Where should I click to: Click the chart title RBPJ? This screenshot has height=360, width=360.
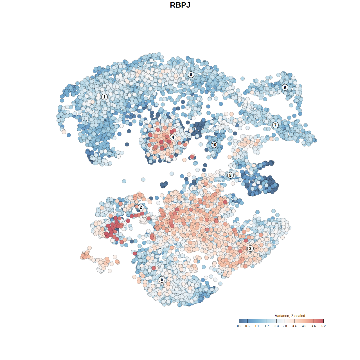(180, 5)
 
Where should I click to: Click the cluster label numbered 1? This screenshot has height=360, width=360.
(104, 97)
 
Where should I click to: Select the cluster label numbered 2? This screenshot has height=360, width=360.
(141, 207)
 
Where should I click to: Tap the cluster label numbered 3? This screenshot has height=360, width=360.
(250, 248)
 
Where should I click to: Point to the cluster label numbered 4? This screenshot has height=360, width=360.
(173, 137)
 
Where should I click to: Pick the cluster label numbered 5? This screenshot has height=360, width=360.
(161, 279)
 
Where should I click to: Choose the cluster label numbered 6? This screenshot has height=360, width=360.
(191, 75)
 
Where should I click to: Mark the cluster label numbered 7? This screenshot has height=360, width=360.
(275, 125)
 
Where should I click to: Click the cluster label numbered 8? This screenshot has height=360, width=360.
(230, 175)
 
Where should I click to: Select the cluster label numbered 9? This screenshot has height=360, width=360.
(285, 87)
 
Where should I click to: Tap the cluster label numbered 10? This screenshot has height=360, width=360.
(214, 145)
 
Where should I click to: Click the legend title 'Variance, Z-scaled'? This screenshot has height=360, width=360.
(290, 316)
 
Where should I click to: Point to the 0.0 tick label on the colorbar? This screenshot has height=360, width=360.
(239, 326)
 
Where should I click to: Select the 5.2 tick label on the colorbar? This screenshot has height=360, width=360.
(323, 326)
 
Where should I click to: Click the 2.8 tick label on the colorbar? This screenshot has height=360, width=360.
(285, 326)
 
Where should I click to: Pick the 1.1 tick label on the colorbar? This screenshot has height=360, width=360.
(257, 326)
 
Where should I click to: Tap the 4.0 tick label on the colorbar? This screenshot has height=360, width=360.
(304, 326)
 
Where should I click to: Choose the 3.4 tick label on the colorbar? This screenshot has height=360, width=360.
(294, 326)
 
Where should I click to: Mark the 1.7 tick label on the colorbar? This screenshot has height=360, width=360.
(267, 326)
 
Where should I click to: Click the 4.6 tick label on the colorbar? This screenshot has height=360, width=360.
(314, 326)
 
